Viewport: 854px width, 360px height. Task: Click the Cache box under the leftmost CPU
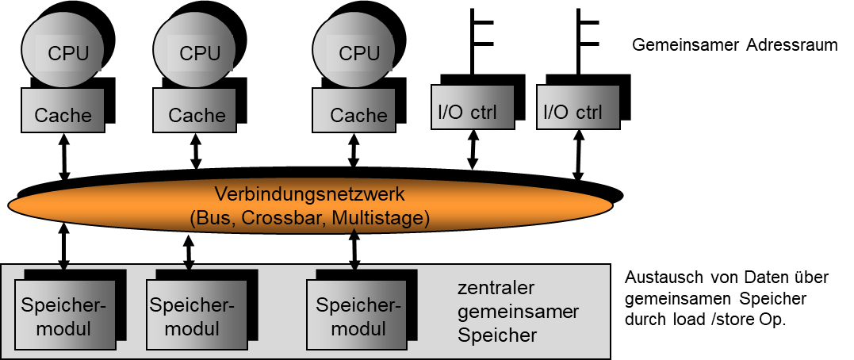click(x=63, y=110)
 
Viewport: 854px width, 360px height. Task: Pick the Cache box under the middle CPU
click(x=195, y=110)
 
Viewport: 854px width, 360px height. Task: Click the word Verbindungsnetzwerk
click(x=310, y=193)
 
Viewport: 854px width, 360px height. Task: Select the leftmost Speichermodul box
click(x=63, y=317)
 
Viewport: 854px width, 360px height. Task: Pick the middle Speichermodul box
click(x=193, y=317)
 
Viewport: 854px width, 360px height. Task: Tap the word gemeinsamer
click(x=518, y=311)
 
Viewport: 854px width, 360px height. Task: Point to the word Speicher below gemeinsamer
click(x=497, y=335)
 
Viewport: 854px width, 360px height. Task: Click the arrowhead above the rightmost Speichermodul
click(x=354, y=266)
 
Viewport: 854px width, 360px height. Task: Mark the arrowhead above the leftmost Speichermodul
click(x=65, y=266)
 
